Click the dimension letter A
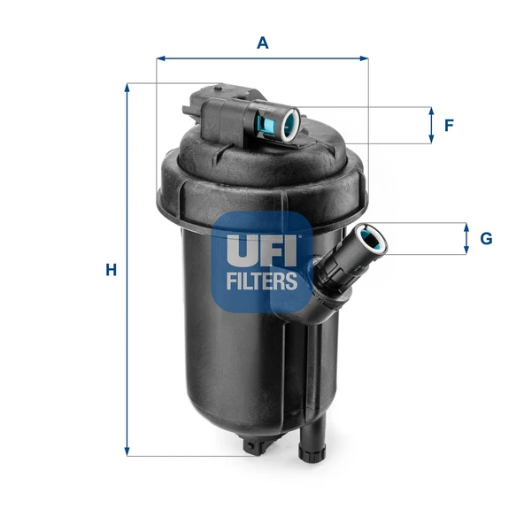[261, 42]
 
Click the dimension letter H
[111, 270]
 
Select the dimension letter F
[449, 125]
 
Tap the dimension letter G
[485, 238]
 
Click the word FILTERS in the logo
[261, 281]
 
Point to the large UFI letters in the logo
[258, 250]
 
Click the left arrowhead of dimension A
[160, 59]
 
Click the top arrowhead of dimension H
[128, 88]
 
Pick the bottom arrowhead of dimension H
[128, 452]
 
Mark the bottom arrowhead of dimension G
[466, 250]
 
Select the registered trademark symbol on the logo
[302, 236]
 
